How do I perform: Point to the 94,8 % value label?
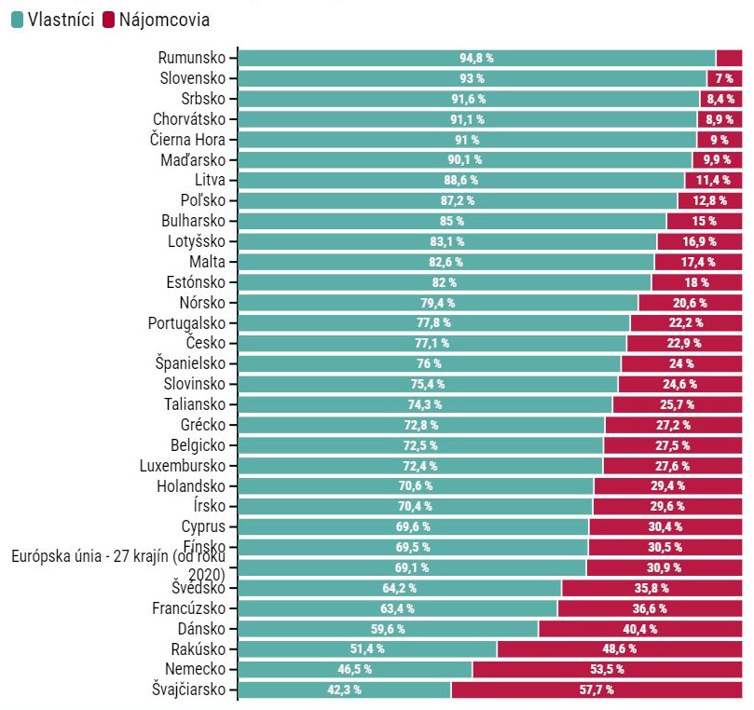476,58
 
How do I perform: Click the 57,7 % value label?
596,690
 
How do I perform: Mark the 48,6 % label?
620,649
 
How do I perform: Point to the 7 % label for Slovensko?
725,78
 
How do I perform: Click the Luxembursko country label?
185,465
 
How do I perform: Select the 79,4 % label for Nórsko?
436,303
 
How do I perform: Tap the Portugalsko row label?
186,323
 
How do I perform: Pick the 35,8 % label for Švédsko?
651,588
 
